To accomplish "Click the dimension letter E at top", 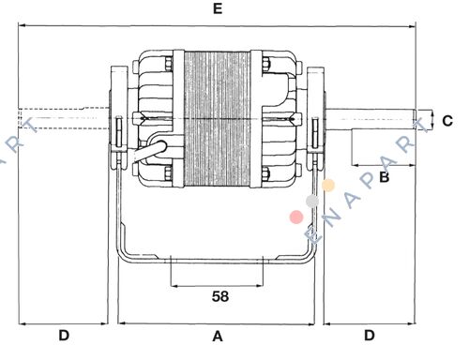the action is click(218, 8).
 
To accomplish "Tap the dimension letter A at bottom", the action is click(218, 337).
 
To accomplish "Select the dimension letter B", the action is click(385, 177).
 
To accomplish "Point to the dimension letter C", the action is click(447, 121).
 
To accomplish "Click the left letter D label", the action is click(64, 336).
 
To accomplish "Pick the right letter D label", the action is click(370, 336).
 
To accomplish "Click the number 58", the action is click(220, 296).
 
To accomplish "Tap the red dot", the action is click(296, 217).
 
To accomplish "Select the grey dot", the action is click(312, 202).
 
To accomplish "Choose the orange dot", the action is click(328, 185).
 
